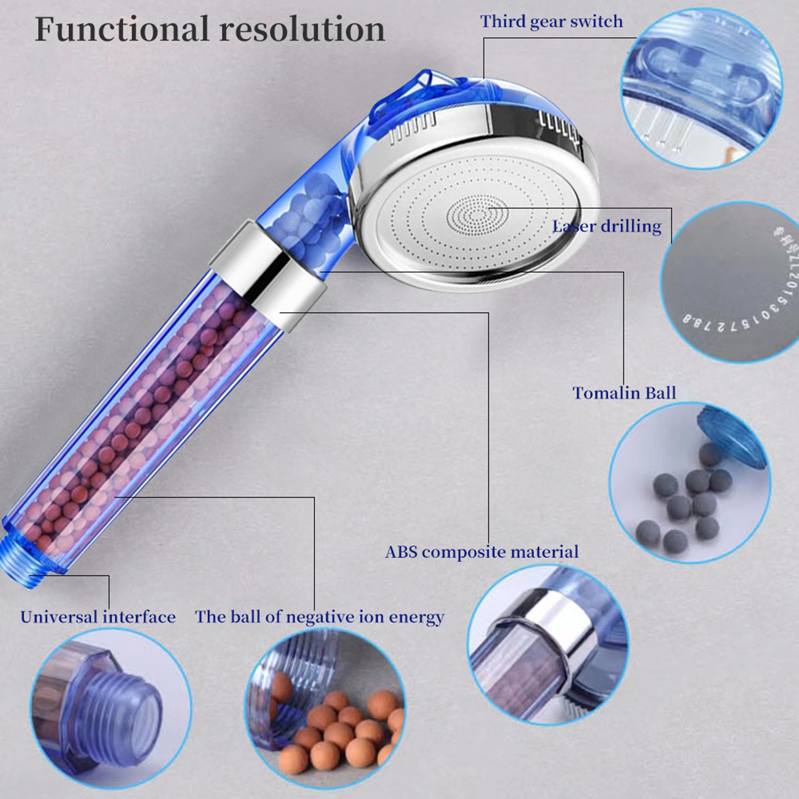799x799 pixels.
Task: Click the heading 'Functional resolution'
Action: (210, 29)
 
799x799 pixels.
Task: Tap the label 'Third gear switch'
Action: (551, 22)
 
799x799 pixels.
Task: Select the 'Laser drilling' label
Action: (607, 226)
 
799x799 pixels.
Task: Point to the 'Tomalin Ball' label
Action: (624, 393)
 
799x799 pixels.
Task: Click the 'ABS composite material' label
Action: (482, 552)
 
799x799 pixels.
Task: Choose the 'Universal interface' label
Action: (98, 617)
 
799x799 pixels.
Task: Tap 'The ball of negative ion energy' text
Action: (320, 617)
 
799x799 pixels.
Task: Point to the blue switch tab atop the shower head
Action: (421, 85)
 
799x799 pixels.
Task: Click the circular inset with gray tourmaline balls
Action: (690, 482)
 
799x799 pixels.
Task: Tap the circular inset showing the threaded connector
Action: (110, 708)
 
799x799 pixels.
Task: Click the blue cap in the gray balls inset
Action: (732, 437)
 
